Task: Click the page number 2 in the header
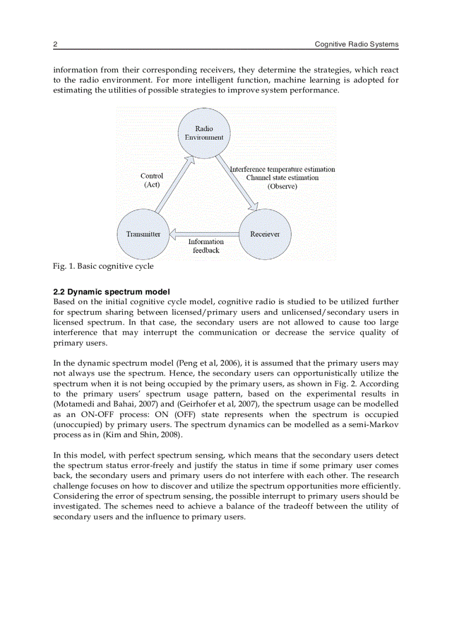55,44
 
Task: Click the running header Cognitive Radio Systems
356,44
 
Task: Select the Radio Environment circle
204,133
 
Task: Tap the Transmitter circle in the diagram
143,234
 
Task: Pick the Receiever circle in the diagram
264,234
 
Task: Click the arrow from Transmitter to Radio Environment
174,185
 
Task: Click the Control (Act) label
152,181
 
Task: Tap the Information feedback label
206,246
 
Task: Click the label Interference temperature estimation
282,169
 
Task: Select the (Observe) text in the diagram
282,187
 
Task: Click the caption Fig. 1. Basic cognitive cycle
104,266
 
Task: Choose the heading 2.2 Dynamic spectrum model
111,292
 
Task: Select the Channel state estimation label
282,178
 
